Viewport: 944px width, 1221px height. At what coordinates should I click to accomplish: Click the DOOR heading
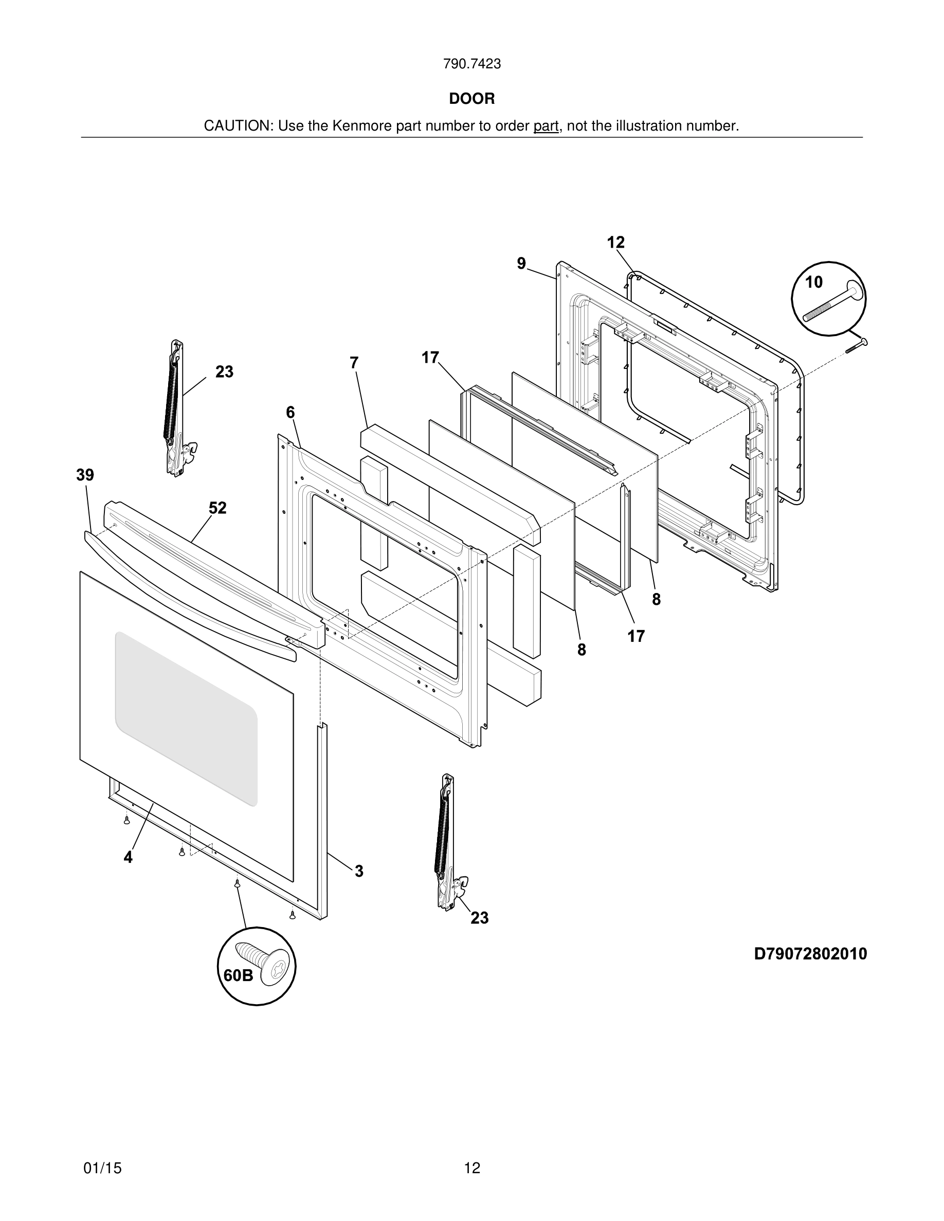coord(471,99)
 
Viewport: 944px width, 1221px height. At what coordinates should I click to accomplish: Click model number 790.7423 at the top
coord(471,64)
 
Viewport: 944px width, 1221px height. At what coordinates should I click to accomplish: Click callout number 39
coord(85,475)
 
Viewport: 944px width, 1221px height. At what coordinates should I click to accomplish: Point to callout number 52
coord(217,508)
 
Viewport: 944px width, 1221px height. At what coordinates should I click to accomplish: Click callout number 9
coord(521,263)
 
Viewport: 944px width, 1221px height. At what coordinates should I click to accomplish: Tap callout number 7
coord(353,363)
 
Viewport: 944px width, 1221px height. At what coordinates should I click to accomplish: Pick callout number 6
coord(291,413)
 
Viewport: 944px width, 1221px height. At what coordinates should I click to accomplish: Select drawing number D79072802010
coord(810,954)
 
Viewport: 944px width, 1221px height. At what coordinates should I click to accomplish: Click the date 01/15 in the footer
coord(102,1168)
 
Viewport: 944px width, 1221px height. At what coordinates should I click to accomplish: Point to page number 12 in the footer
coord(472,1168)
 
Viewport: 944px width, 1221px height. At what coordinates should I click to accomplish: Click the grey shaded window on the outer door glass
coord(186,718)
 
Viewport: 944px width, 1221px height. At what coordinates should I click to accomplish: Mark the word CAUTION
coord(237,126)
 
